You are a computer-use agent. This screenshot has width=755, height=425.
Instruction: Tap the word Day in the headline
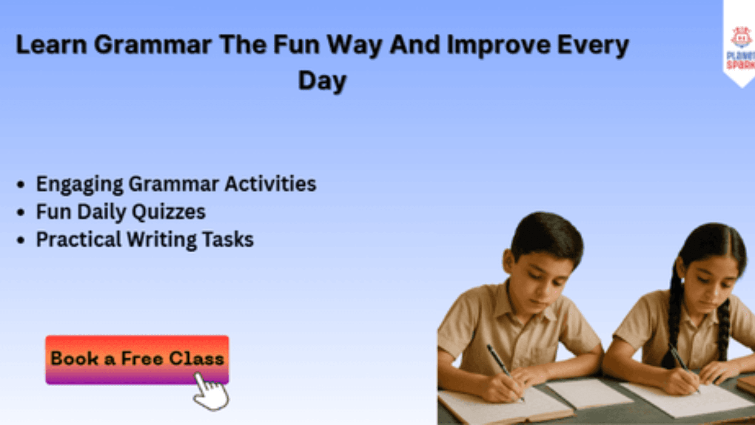[x=322, y=81]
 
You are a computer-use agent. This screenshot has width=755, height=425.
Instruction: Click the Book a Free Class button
[x=137, y=360]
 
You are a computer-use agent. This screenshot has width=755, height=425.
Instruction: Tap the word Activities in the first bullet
[x=270, y=184]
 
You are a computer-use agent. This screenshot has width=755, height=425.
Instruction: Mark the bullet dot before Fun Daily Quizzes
[x=21, y=212]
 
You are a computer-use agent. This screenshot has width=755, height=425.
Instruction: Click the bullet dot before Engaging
[x=21, y=185]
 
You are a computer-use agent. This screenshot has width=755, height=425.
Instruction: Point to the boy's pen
[x=505, y=372]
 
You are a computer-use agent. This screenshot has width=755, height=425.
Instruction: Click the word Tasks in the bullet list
[x=228, y=240]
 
